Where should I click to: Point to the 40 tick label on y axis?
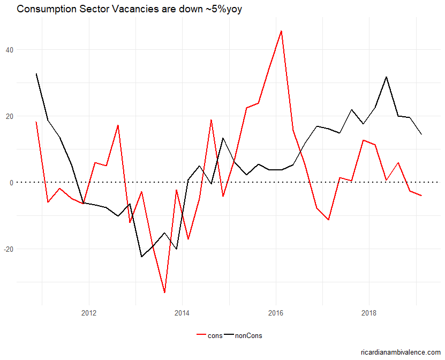click(10, 50)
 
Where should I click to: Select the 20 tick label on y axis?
click(10, 116)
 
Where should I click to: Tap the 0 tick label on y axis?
click(11, 183)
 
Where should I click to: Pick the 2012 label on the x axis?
click(88, 313)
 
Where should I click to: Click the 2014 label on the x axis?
click(182, 313)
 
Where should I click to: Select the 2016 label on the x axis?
click(276, 313)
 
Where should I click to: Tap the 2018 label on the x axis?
click(369, 313)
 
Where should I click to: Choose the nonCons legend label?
click(250, 336)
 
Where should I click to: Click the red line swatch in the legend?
click(202, 336)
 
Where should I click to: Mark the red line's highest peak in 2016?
click(281, 31)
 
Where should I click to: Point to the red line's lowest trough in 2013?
click(164, 292)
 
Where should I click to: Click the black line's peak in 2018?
click(387, 77)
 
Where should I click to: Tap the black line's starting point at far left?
click(36, 73)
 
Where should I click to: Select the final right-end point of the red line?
click(421, 196)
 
